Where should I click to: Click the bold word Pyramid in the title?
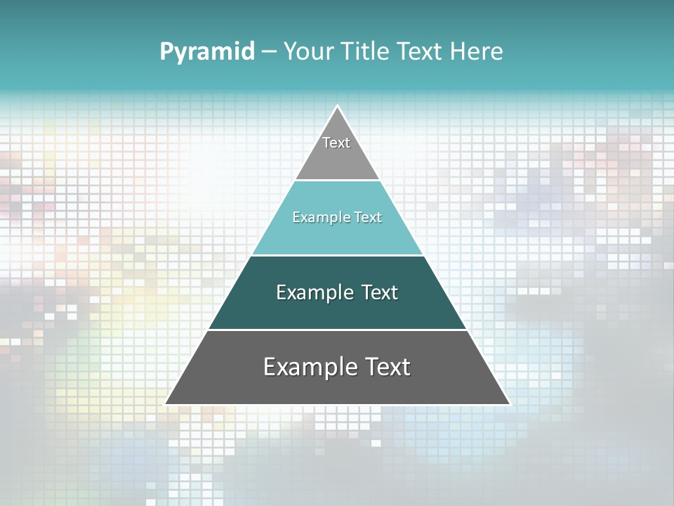207,52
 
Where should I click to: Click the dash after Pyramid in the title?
269,52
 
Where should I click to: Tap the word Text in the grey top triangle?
336,143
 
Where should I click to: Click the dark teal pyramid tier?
337,309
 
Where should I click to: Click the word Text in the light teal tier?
368,218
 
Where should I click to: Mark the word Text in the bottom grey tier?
388,367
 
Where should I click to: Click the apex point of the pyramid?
338,107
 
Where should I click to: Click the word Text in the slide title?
418,52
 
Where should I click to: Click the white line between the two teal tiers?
337,255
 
